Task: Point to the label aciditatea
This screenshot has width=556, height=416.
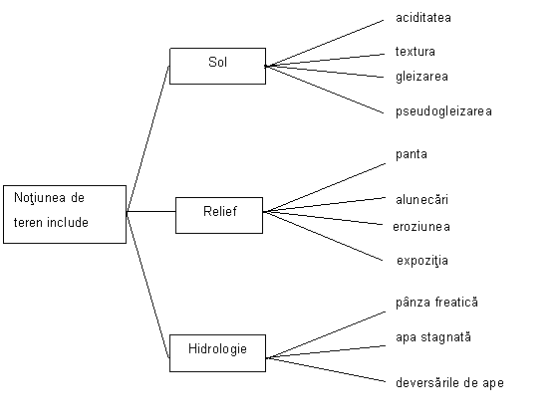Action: pos(423,18)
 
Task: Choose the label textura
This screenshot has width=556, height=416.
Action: pos(416,52)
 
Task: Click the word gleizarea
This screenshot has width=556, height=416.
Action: pos(421,77)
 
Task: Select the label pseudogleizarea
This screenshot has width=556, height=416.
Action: pos(444,111)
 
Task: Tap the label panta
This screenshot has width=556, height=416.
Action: pos(412,154)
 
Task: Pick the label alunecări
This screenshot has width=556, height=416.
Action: pos(421,200)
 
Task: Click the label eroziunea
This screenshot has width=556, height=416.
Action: pos(421,227)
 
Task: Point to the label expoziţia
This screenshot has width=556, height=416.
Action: pos(422,261)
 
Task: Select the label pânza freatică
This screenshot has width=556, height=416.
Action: pos(436,303)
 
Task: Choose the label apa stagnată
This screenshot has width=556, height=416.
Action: pos(433,337)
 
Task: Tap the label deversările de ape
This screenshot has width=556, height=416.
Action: pos(449,383)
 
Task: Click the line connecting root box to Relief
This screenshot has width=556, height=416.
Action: pos(151,212)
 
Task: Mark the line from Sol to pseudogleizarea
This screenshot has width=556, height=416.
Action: pos(325,90)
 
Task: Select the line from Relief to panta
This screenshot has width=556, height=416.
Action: pos(325,188)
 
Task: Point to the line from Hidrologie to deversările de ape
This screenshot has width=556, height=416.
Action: pos(326,369)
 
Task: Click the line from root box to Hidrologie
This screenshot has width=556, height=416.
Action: pos(148,285)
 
